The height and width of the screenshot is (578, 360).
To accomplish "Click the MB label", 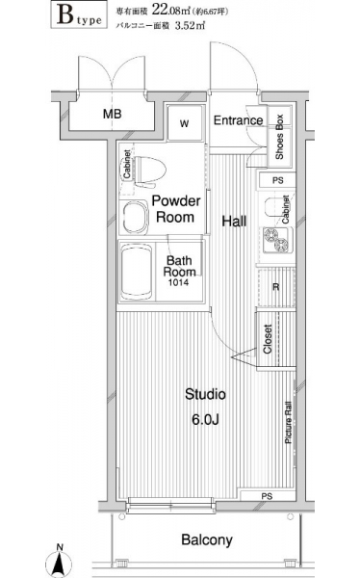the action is pyautogui.click(x=112, y=114).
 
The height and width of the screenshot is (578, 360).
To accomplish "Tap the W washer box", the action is pyautogui.click(x=185, y=123).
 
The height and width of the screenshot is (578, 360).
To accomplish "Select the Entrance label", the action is pyautogui.click(x=238, y=120).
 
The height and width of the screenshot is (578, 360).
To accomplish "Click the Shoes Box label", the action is pyautogui.click(x=279, y=137).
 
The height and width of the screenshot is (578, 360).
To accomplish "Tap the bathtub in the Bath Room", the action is pyautogui.click(x=137, y=271).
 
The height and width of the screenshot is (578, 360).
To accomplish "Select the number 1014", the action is pyautogui.click(x=178, y=282).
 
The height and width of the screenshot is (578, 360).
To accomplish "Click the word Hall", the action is pyautogui.click(x=234, y=222).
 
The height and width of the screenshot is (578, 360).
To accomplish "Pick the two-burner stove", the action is pyautogui.click(x=277, y=240).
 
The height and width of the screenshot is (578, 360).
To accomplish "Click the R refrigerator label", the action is pyautogui.click(x=275, y=287).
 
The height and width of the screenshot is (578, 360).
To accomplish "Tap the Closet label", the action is pyautogui.click(x=268, y=339).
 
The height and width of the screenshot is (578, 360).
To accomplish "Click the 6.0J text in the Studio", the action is pyautogui.click(x=205, y=419).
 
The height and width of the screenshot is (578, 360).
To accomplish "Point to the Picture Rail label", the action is pyautogui.click(x=288, y=422).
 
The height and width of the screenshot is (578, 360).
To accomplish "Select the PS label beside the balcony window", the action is pyautogui.click(x=267, y=496).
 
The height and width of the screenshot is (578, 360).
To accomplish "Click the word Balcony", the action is pyautogui.click(x=207, y=540).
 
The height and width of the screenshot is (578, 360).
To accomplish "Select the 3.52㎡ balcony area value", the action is pyautogui.click(x=190, y=25).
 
